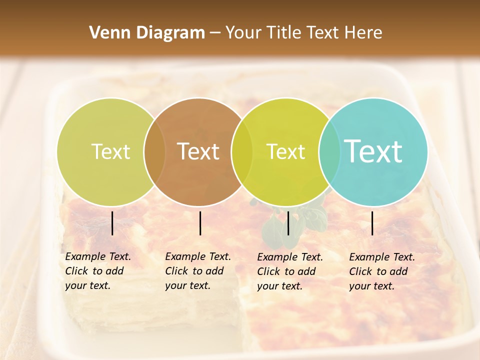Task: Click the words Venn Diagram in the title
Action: click(147, 33)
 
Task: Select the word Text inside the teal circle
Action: click(373, 151)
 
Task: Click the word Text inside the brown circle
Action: click(198, 151)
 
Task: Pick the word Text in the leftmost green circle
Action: click(111, 151)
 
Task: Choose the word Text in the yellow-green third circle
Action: click(286, 151)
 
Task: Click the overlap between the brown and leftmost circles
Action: click(154, 151)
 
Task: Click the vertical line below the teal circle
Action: click(372, 223)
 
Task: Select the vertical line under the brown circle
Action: click(200, 223)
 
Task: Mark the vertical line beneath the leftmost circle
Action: click(112, 223)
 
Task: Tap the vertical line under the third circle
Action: click(288, 223)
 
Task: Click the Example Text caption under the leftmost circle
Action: click(98, 271)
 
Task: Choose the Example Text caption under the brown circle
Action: click(198, 271)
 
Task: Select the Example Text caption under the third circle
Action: click(290, 271)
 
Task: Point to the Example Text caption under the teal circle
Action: click(382, 271)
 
